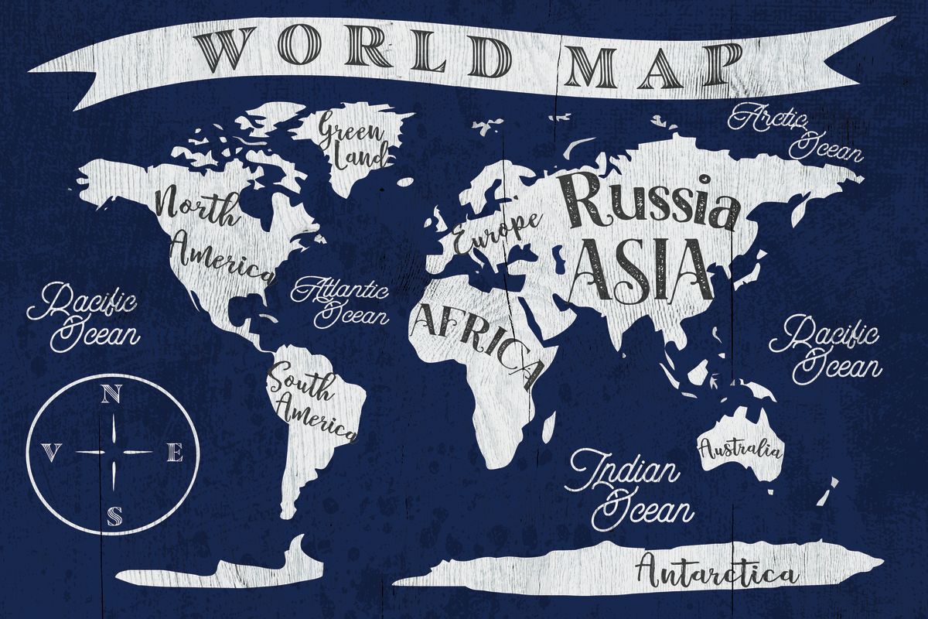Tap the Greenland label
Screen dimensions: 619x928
tap(352, 139)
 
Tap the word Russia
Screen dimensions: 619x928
tap(648, 202)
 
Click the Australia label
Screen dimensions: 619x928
tap(740, 448)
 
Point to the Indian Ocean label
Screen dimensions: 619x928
tap(629, 487)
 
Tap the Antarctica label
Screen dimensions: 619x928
tap(715, 573)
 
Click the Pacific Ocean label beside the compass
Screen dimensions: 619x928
tap(86, 316)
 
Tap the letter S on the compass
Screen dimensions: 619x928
tap(114, 514)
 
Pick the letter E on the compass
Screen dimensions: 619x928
tap(176, 454)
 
